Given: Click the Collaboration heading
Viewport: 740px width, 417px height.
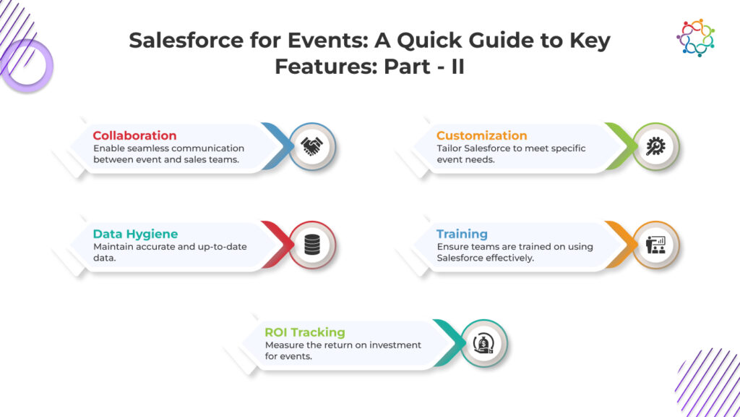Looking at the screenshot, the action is tap(134, 135).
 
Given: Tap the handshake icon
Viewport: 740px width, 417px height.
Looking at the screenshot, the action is tap(312, 146).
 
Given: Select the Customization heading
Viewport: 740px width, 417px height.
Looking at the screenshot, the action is tap(481, 135).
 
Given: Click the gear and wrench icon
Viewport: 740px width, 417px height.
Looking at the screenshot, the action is tap(655, 146).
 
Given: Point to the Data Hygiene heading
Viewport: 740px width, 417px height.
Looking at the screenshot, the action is tap(135, 234).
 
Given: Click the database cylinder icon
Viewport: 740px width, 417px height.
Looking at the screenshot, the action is tap(312, 245).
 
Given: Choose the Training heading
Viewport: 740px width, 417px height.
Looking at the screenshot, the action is tap(462, 234).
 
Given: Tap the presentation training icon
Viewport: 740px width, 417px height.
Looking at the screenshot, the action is tap(655, 245).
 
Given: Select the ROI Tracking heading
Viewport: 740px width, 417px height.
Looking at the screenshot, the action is tap(304, 332).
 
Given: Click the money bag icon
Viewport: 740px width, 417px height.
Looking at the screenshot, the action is tap(483, 343).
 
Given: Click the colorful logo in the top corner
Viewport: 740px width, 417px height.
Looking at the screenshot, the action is tap(696, 38).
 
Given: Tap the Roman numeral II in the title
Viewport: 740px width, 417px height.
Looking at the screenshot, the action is tap(457, 66).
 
